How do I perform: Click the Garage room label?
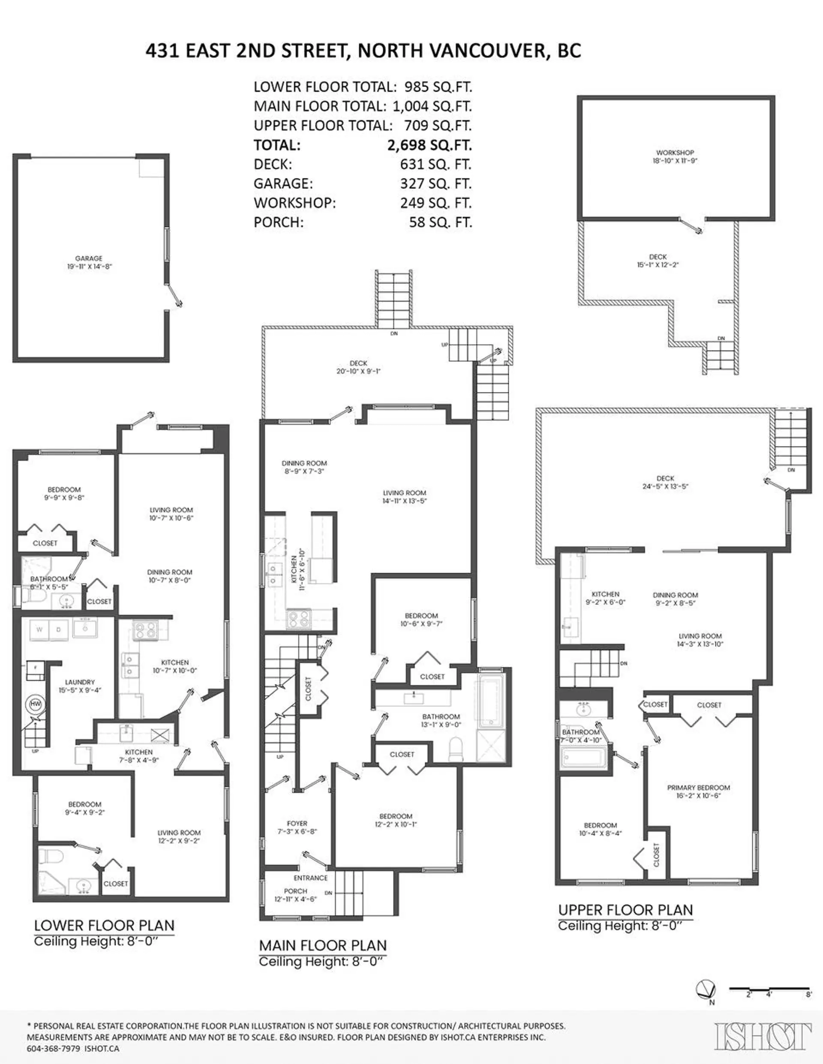tap(89, 258)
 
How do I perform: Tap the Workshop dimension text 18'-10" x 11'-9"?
tap(675, 161)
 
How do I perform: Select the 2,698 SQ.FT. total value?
tap(429, 145)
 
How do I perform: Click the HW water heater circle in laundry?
tap(36, 704)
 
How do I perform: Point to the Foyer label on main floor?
tap(297, 823)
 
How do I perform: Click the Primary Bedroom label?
tap(698, 788)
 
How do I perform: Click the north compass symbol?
tap(706, 989)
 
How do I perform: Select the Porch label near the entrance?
tap(295, 891)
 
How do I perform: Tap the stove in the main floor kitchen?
tap(299, 619)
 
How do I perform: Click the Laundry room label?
tap(80, 682)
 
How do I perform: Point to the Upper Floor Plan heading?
tap(625, 910)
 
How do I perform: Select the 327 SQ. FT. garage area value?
tap(436, 184)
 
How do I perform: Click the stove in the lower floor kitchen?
tap(146, 629)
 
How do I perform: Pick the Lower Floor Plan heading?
tap(104, 926)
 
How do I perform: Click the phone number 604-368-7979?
tap(54, 1049)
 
